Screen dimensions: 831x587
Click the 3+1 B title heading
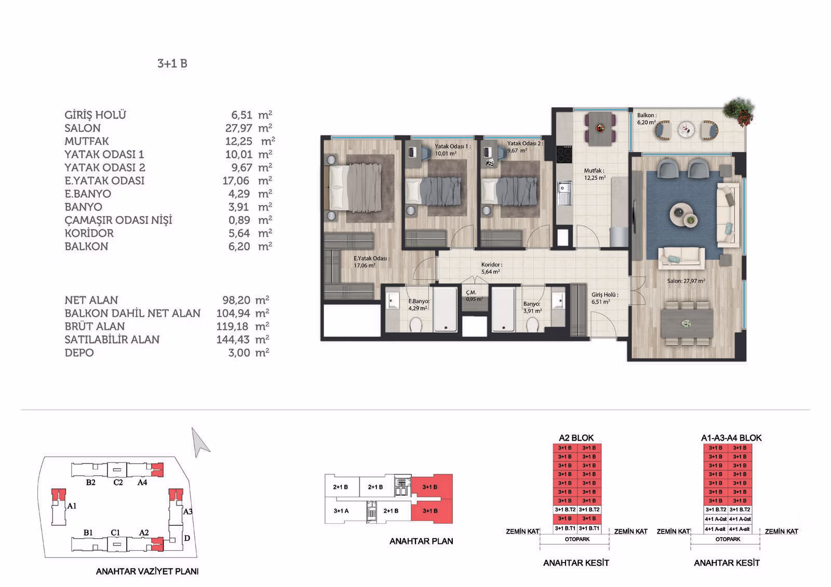point(172,63)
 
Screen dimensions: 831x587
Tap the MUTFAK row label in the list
point(87,141)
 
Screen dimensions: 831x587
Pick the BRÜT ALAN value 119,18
point(233,326)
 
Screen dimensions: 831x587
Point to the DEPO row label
point(79,352)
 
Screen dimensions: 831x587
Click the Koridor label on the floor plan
point(491,265)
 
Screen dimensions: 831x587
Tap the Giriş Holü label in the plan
point(605,295)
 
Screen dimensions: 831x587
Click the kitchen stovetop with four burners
point(564,154)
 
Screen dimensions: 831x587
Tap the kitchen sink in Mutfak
point(564,193)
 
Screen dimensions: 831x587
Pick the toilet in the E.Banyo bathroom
point(415,326)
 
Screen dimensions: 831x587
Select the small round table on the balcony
point(686,130)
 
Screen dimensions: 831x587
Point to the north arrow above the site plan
point(200,442)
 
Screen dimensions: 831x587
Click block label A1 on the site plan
point(72,506)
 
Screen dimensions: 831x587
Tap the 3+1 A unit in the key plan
point(341,511)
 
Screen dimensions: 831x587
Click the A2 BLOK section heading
point(576,438)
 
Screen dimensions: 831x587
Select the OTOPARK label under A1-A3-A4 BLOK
point(728,539)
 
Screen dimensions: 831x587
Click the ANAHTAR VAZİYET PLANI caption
point(148,571)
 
